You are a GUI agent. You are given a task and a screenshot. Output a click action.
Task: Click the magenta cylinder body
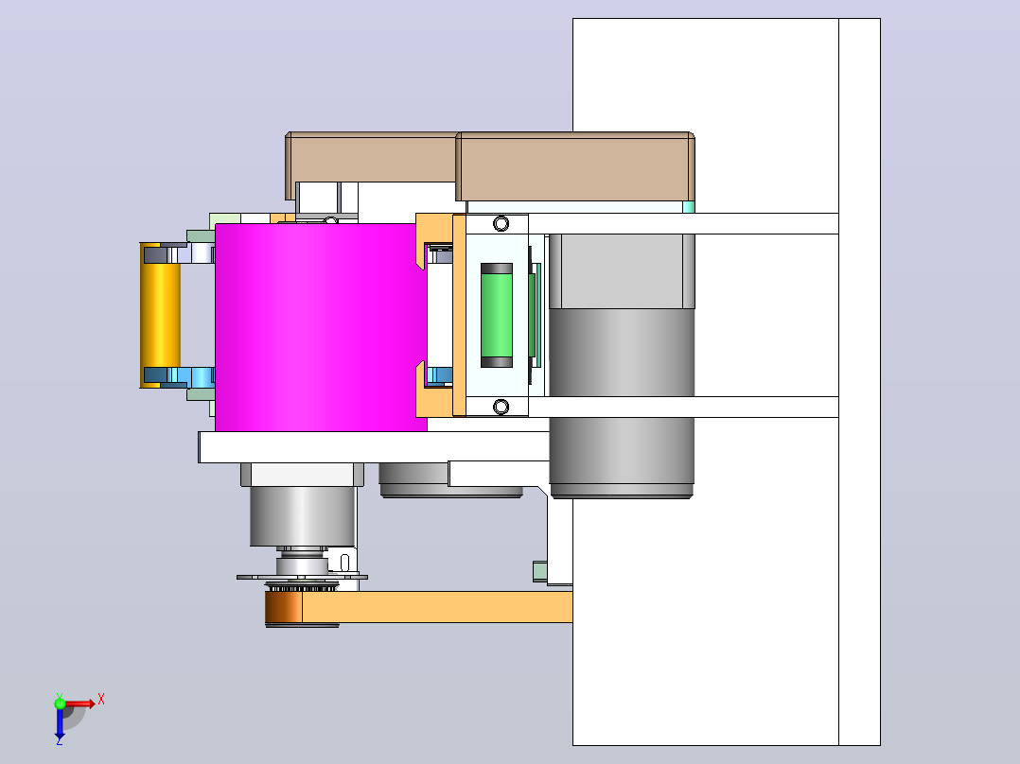pos(321,327)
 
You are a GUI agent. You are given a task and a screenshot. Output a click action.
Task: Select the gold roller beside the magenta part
pos(160,316)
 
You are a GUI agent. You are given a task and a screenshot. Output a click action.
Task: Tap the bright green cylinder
pos(497,316)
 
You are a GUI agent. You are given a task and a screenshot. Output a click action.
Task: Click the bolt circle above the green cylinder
pos(501,224)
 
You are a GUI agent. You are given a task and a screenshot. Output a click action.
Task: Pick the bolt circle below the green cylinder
pos(501,407)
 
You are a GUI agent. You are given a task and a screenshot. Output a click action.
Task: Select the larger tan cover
pos(575,166)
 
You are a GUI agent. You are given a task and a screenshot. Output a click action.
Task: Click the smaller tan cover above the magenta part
pos(372,157)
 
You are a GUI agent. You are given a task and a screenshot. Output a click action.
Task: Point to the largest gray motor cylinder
pos(622,364)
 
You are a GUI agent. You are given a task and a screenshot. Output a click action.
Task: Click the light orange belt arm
pos(437,607)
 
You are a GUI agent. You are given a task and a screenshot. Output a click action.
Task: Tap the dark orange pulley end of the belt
pos(284,607)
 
